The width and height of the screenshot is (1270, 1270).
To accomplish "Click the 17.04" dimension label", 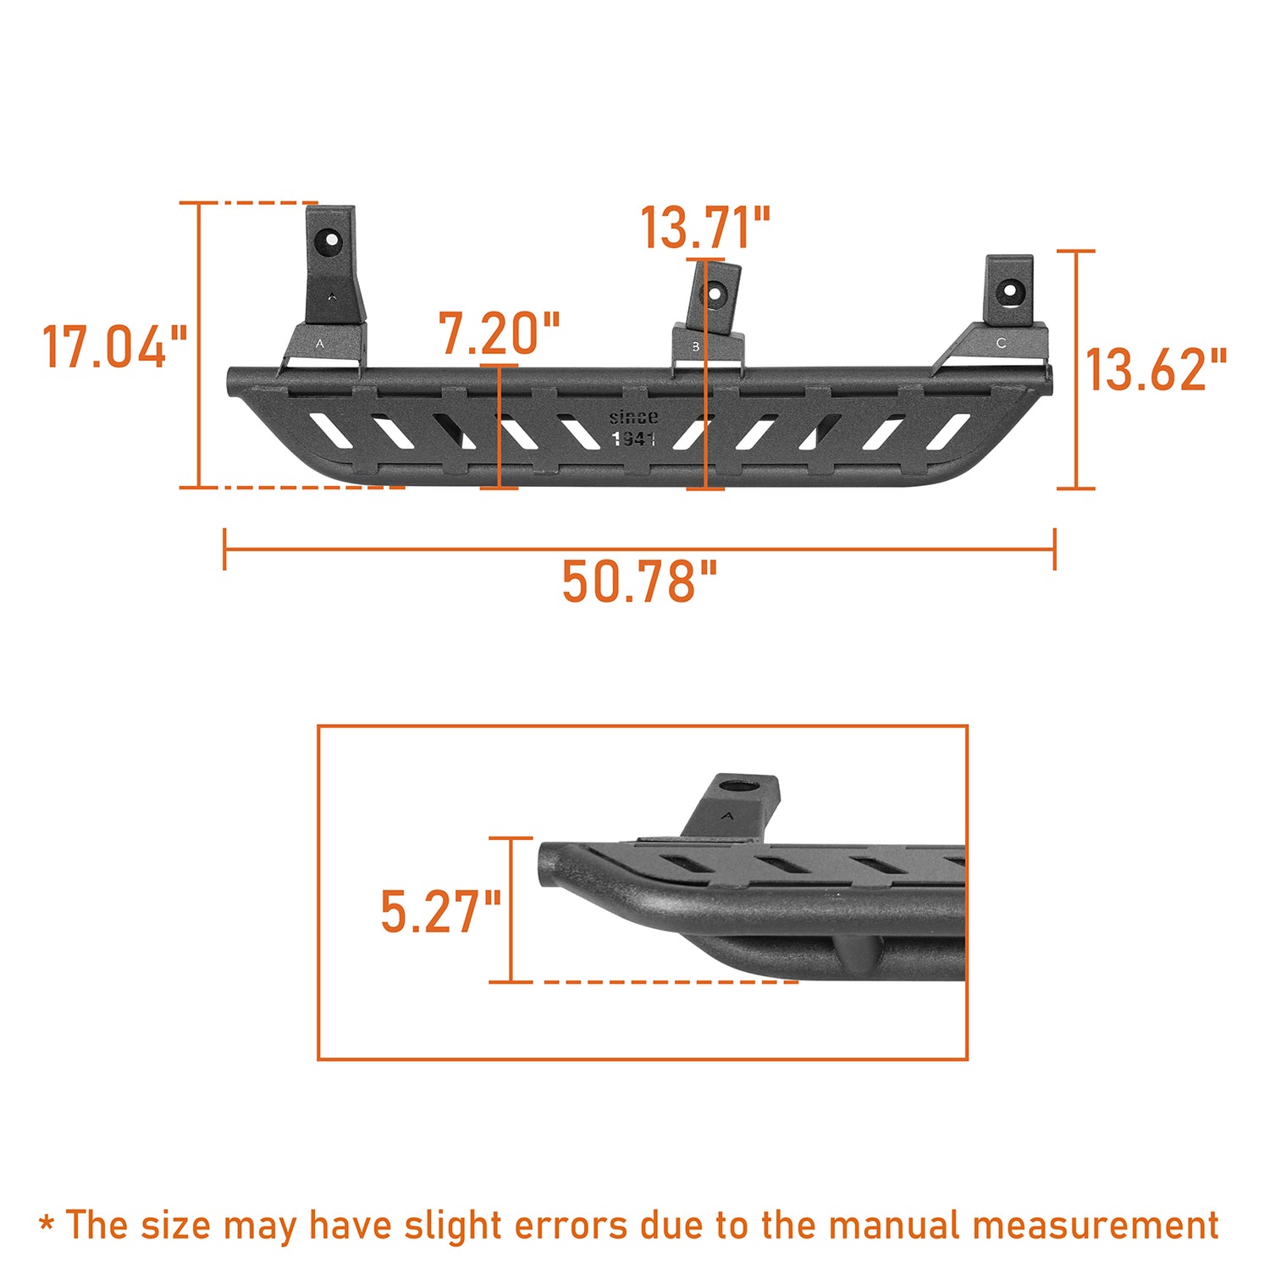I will [114, 347].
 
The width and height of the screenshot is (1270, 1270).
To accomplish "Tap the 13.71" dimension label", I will [704, 229].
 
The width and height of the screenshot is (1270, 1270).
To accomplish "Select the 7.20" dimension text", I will [500, 334].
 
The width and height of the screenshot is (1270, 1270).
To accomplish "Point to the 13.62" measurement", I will [1156, 370].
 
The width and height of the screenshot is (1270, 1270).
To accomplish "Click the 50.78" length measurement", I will [639, 583].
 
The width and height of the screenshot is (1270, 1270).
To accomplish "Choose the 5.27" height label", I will [440, 912].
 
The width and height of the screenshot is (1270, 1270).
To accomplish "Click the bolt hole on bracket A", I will [329, 240].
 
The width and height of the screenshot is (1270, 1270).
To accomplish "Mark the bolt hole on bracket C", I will [1010, 290].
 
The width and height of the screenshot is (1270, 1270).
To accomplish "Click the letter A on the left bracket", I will [319, 344].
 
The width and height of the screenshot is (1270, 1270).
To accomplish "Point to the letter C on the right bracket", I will [1001, 343].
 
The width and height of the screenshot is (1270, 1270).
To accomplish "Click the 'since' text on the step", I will [633, 417].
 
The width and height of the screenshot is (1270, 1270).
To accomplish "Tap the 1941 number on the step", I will [633, 439].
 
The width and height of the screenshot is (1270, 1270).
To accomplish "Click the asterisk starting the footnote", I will [47, 1224].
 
